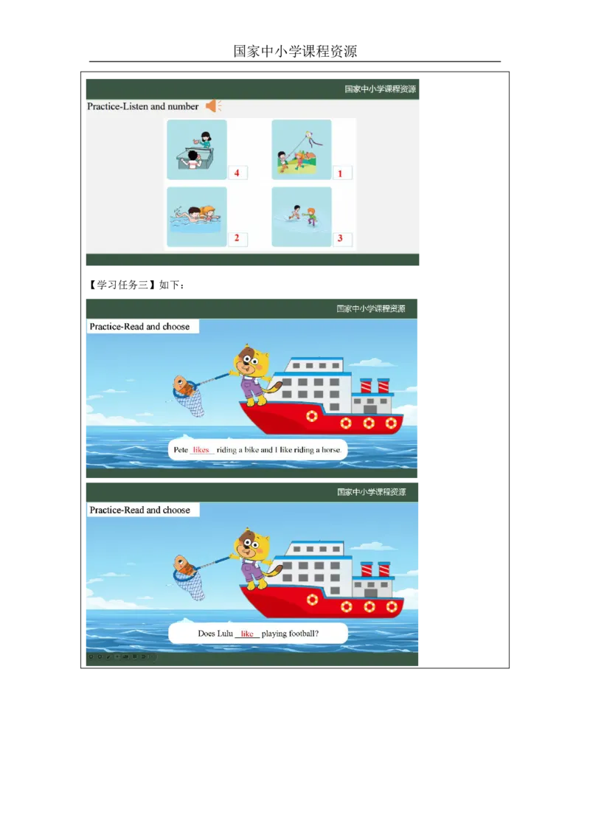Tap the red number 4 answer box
click(237, 173)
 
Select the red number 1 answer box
click(341, 173)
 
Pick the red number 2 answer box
click(237, 238)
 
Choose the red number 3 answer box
click(341, 238)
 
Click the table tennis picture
click(196, 150)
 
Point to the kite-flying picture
click(301, 150)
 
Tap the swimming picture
click(196, 217)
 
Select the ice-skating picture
click(301, 217)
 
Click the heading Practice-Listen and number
click(142, 106)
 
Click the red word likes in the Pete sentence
click(201, 450)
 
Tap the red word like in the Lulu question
click(247, 634)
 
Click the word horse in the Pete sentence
click(330, 450)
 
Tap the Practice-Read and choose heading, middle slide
click(139, 327)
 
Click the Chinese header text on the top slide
click(380, 89)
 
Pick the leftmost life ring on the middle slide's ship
click(312, 415)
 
